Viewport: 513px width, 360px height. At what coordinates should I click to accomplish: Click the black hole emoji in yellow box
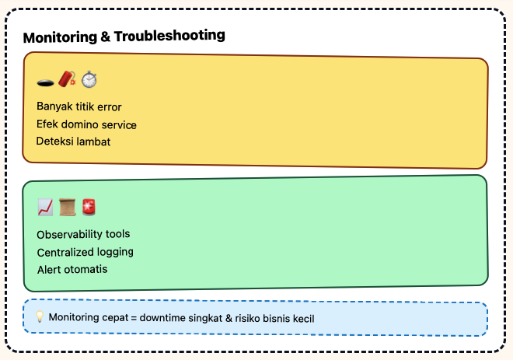coord(45,80)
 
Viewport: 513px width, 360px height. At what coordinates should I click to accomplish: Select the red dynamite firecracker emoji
coord(67,79)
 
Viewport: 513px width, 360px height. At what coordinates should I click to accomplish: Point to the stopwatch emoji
coord(89,79)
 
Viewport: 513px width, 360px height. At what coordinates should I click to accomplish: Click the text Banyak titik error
coord(79,107)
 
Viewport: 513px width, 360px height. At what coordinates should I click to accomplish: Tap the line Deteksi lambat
coord(74,142)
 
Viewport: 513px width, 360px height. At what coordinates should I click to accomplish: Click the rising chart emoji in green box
coord(45,207)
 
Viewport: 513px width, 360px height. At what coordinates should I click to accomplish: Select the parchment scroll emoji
coord(67,207)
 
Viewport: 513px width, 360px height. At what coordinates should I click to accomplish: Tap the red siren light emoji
coord(89,207)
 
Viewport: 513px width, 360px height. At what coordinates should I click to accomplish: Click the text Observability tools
coord(83,234)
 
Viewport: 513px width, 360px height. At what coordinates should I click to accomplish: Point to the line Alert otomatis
coord(72,269)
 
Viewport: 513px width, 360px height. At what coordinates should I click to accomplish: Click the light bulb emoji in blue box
coord(40,317)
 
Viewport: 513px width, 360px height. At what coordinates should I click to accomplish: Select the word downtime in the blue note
coord(164,318)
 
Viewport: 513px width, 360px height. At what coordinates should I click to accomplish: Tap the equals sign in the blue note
coord(133,318)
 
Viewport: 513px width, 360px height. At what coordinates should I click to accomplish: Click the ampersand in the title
coord(104,36)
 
